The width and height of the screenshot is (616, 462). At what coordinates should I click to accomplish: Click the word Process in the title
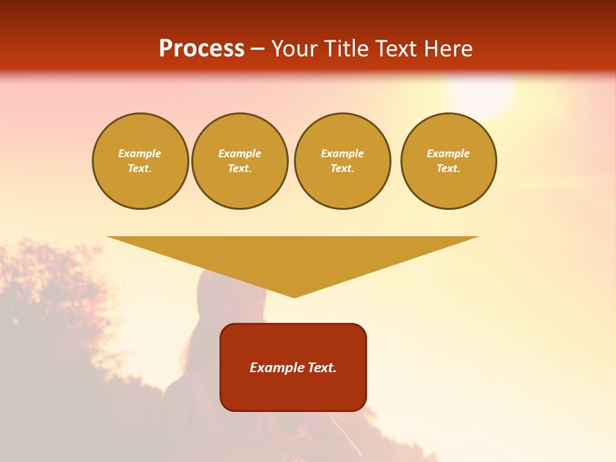[x=201, y=48]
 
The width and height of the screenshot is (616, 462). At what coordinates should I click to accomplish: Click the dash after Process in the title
[x=258, y=49]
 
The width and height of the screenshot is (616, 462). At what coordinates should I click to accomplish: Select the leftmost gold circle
[x=141, y=161]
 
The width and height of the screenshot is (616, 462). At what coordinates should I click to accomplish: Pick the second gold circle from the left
[x=240, y=161]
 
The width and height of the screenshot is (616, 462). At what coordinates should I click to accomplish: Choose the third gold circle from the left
[x=343, y=161]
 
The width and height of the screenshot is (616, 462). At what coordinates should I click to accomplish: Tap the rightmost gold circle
[x=449, y=161]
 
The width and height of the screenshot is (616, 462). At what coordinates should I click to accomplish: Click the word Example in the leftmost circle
[x=140, y=153]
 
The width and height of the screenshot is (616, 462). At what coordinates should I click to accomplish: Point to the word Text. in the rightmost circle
[x=449, y=169]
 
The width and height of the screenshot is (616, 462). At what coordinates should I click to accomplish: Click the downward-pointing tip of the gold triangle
[x=295, y=296]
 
